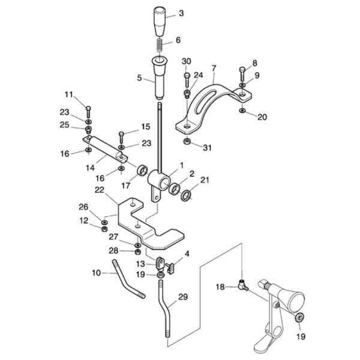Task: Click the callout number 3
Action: pos(181,13)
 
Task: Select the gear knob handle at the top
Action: pos(159,22)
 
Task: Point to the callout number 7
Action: pos(214,68)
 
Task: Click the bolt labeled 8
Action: pos(242,73)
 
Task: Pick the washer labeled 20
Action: pos(242,111)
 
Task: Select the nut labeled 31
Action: pos(187,141)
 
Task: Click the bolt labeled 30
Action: pos(187,80)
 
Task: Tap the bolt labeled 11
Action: pos(88,112)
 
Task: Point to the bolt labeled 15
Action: pos(121,138)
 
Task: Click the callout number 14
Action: pos(90,168)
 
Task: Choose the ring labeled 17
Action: pos(143,171)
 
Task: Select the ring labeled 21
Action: pos(185,196)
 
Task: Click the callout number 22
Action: pos(100,190)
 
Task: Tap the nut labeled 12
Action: pos(104,229)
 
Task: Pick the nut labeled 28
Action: pos(138,252)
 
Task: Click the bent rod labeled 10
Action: pos(127,281)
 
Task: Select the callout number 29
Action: pos(183,297)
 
